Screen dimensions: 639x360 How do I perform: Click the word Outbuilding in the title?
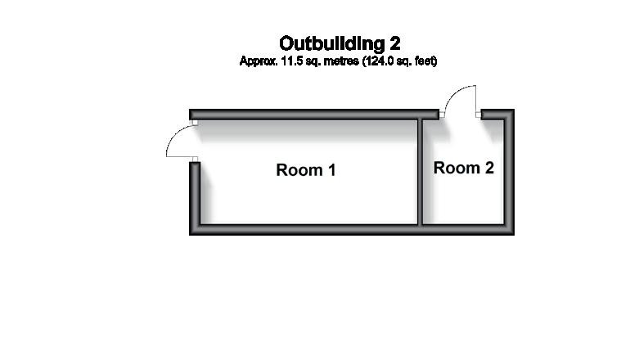coord(329,43)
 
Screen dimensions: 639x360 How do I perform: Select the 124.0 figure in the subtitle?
coord(367,61)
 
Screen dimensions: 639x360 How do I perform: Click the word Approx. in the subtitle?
coord(255,61)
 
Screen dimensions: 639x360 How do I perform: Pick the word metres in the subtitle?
coord(334,61)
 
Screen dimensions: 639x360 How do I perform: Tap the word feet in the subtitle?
coord(424,61)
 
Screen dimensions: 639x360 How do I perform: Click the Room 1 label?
coord(306,170)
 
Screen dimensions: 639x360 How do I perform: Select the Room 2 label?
coord(464,168)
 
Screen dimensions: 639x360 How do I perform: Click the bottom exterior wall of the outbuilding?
coord(352,230)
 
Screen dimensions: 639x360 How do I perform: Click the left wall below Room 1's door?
coord(195,196)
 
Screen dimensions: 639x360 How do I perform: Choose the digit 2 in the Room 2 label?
coord(488,168)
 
